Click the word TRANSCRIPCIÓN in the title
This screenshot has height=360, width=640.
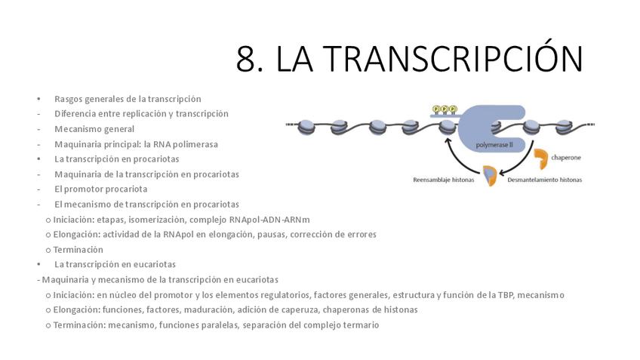457,58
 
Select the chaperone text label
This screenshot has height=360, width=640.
566,158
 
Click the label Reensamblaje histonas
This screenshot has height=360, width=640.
443,180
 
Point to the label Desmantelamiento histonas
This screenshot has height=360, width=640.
544,180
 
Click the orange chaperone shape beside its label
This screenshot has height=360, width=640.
540,158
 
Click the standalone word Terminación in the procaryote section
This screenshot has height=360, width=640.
78,250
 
